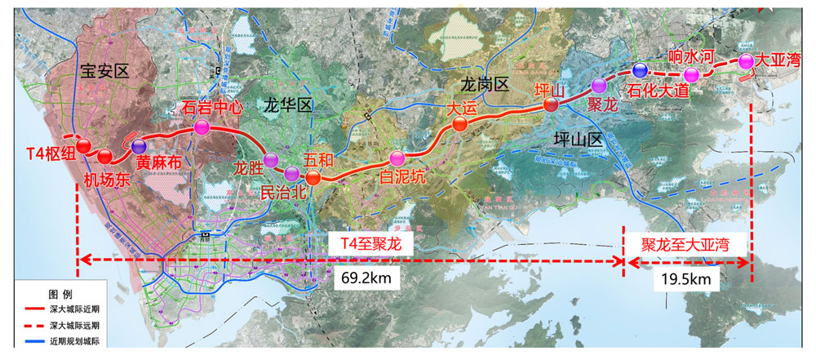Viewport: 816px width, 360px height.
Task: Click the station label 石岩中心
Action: point(215,108)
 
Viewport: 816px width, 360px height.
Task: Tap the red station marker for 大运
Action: point(459,124)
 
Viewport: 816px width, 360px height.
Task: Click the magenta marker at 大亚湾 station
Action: point(746,60)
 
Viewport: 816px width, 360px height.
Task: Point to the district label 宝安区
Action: point(106,73)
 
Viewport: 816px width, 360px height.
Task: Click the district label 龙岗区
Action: point(485,84)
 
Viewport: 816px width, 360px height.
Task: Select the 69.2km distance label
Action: point(363,279)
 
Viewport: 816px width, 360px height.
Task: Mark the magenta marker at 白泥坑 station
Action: point(397,158)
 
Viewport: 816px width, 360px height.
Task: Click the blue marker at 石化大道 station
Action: point(640,69)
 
